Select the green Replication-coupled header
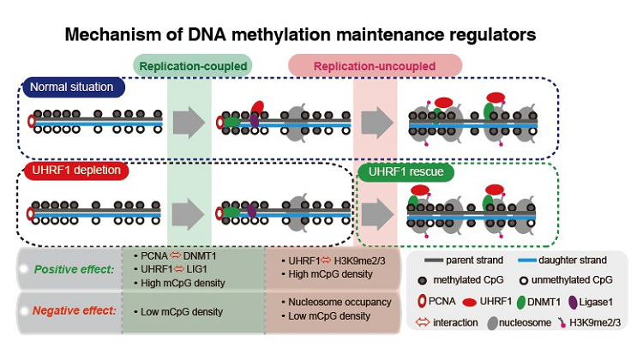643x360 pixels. pos(193,65)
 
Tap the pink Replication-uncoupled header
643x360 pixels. pos(375,65)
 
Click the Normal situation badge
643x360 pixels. pos(75,87)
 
